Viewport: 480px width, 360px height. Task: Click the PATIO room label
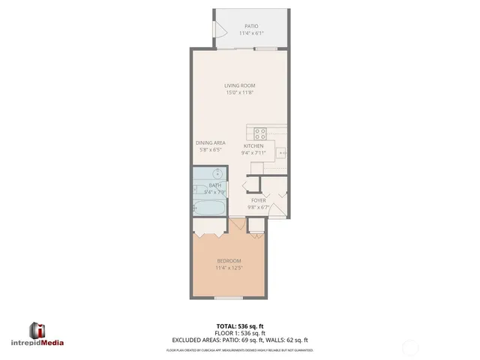tap(250, 26)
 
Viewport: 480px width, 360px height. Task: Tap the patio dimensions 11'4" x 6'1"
tap(250, 34)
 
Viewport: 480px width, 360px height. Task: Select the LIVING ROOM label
tap(239, 85)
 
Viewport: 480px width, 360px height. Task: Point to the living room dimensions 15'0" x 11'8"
tap(239, 93)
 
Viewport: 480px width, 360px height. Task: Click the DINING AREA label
tap(211, 142)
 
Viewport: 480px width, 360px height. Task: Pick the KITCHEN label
tap(253, 145)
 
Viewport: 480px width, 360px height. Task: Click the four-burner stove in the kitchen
tap(260, 133)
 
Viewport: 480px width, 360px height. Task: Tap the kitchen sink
tap(282, 152)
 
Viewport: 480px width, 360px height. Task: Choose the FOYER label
tap(259, 201)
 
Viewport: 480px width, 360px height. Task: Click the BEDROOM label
tap(229, 261)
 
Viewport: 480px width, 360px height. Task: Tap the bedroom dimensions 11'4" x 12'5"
tap(229, 268)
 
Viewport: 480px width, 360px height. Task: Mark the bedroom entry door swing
tap(238, 224)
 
